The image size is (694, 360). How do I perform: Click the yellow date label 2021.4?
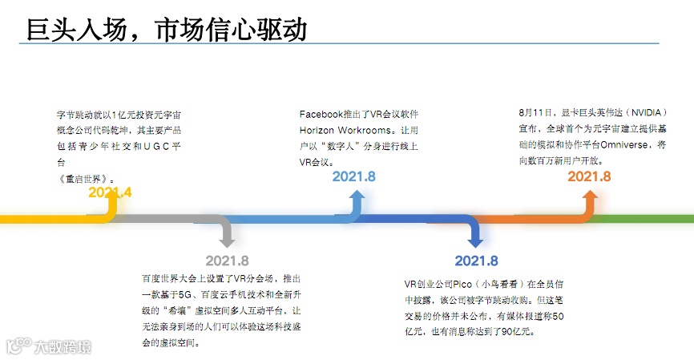point(110,192)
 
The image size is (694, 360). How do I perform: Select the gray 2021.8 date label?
point(227,261)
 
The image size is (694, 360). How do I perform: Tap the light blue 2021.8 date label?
point(353,176)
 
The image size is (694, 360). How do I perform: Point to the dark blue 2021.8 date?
point(476,261)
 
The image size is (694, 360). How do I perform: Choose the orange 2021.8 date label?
point(589,176)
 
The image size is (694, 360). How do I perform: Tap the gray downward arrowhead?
point(227,238)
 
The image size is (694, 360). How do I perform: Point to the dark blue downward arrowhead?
point(475,238)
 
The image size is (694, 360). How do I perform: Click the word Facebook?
point(321,115)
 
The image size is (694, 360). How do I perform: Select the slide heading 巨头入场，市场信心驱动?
point(167,29)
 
